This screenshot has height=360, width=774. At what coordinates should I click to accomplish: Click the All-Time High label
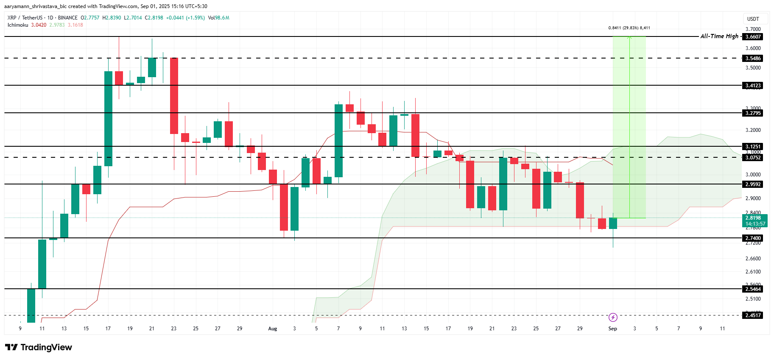pos(719,36)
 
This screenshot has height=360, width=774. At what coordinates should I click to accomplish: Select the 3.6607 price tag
pos(753,37)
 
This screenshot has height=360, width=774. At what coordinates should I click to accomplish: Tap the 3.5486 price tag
pos(753,59)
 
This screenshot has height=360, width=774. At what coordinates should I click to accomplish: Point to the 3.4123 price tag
pos(753,86)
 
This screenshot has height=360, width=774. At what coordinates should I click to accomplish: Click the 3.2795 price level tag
pos(753,113)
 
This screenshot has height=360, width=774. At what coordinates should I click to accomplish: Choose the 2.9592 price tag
pos(753,184)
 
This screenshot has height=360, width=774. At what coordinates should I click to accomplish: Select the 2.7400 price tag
pos(753,238)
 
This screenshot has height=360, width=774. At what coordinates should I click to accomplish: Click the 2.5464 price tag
pos(753,289)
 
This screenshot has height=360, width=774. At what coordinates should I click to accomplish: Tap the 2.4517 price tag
pos(753,315)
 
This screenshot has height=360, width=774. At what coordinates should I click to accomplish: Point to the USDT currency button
pos(753,19)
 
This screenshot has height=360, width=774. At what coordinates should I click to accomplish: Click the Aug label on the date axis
pos(273,329)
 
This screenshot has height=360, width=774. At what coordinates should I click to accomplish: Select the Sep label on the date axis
pos(613,329)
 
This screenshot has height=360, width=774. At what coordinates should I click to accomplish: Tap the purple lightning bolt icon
pos(613,317)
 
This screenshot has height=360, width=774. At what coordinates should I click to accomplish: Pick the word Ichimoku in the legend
pos(18,25)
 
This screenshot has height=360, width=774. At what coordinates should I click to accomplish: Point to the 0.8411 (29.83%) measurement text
pos(629,28)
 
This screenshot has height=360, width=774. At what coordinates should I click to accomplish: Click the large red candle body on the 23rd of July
pos(174,95)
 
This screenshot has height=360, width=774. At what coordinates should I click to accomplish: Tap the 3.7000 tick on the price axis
pos(753,29)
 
